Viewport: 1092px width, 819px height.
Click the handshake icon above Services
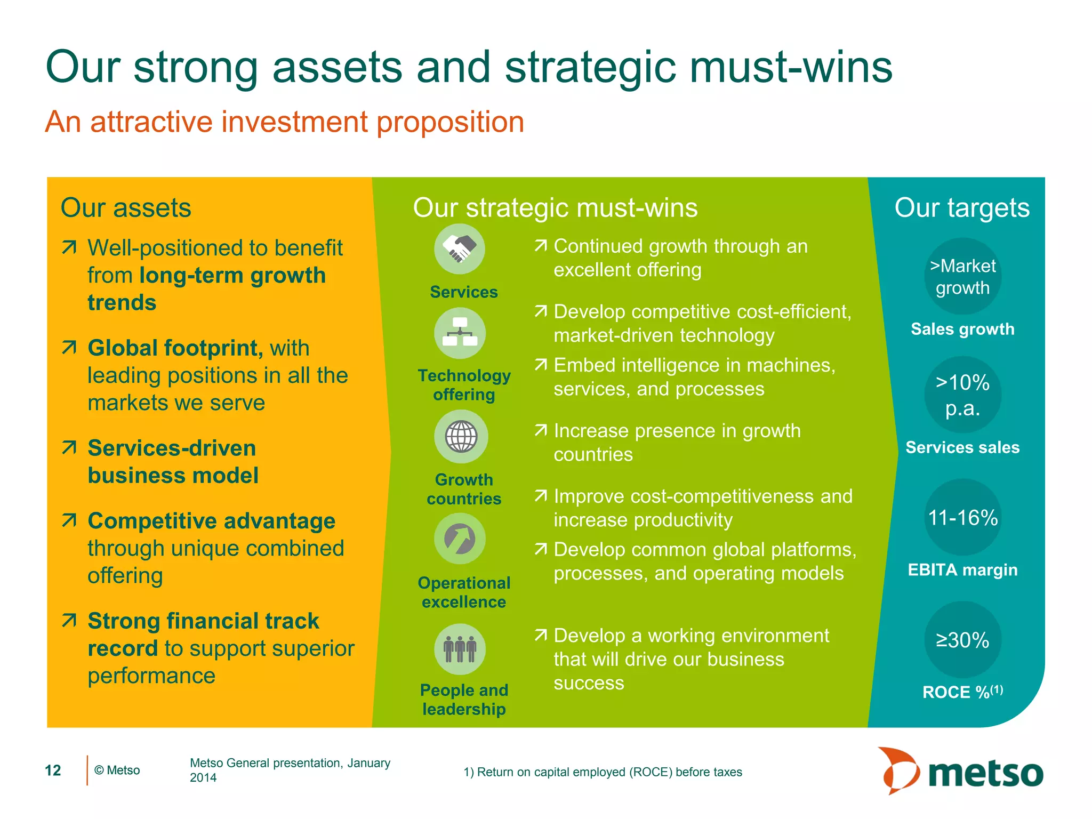click(x=460, y=249)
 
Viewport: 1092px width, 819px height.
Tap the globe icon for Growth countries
click(x=461, y=436)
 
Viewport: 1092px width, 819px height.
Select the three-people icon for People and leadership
click(x=460, y=649)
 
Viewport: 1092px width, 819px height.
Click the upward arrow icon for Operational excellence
click(x=460, y=539)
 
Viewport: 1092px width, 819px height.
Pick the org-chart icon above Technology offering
click(x=460, y=333)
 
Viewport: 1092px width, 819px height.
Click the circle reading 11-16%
click(x=962, y=517)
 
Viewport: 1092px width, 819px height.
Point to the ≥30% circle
click(x=962, y=640)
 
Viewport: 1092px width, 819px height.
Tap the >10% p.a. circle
click(x=962, y=395)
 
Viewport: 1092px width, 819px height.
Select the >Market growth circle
click(x=962, y=276)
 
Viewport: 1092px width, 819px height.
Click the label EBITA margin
click(x=962, y=569)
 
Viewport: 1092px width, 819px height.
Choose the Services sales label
click(x=962, y=447)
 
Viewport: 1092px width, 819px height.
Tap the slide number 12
click(x=53, y=770)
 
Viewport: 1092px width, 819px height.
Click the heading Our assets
click(x=126, y=207)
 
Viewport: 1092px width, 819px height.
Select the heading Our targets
click(x=962, y=207)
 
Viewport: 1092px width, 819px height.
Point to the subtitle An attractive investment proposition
click(x=285, y=122)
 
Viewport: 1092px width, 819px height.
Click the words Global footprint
click(x=175, y=348)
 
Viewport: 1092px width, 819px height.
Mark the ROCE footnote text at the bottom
click(x=603, y=772)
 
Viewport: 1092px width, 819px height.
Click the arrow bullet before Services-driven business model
click(x=69, y=447)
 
